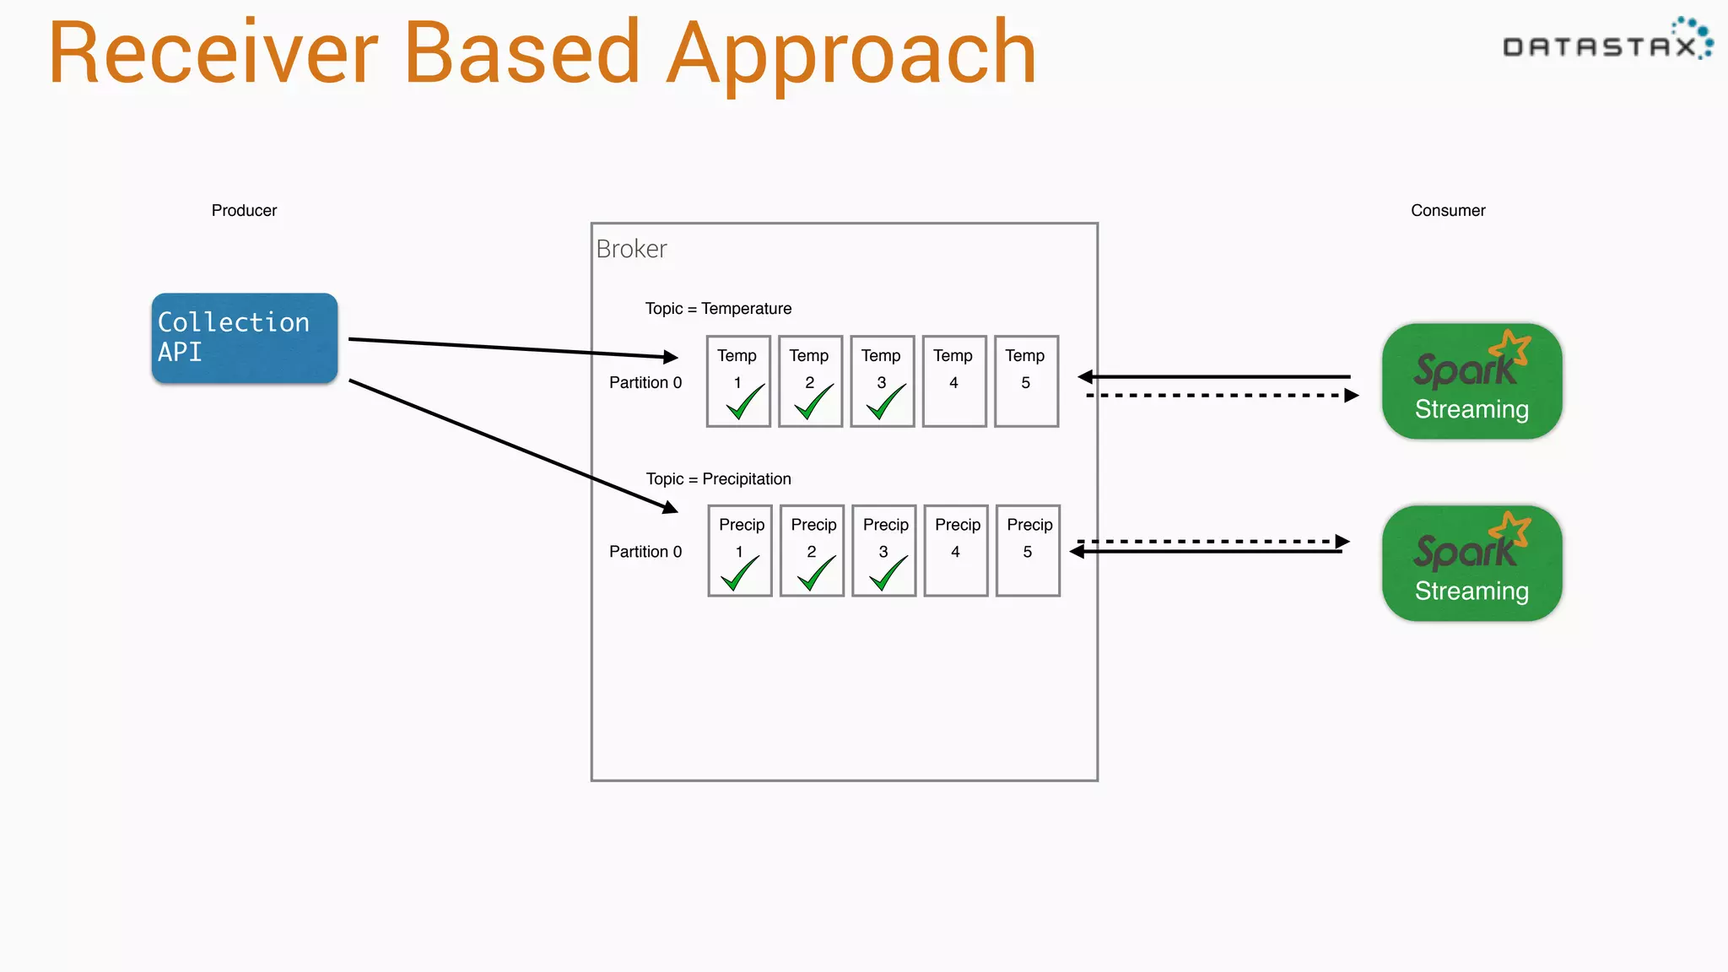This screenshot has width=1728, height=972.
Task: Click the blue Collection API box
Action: click(x=245, y=337)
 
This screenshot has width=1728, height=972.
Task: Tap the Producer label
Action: click(x=244, y=210)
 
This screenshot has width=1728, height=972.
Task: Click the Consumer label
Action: click(x=1448, y=210)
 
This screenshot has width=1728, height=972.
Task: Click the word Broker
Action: click(x=631, y=249)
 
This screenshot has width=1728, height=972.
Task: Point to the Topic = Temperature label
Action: click(x=718, y=309)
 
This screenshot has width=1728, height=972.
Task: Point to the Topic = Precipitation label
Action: click(x=718, y=479)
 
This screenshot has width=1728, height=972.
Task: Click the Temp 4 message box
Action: click(x=954, y=381)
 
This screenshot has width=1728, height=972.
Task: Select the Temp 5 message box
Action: click(x=1026, y=381)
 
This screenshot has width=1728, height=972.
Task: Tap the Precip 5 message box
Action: click(x=1028, y=551)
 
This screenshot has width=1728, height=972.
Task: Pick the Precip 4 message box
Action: click(x=956, y=551)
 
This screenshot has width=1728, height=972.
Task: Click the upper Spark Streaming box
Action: click(x=1471, y=381)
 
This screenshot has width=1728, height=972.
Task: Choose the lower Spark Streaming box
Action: click(x=1471, y=564)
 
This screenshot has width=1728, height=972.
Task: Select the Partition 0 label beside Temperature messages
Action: click(x=645, y=382)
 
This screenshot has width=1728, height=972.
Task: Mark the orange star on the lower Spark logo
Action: click(x=1512, y=528)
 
